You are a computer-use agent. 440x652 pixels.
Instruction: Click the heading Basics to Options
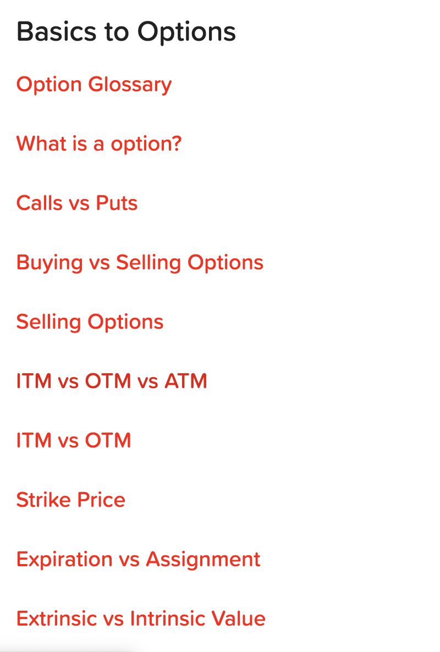126,32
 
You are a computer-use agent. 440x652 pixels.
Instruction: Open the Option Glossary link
94,85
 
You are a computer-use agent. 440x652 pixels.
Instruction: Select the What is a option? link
99,144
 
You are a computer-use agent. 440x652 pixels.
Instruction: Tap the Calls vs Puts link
77,203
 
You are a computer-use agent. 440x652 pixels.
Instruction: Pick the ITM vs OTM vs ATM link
112,382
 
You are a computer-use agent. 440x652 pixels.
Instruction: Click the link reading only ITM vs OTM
74,441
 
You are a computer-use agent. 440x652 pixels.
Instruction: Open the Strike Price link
71,500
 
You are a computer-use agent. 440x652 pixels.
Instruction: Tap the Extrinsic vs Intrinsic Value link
141,618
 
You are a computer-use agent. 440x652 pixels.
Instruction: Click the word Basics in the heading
56,32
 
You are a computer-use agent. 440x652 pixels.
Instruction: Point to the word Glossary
130,85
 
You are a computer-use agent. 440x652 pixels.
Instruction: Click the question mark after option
177,143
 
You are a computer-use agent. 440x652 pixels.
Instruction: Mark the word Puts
117,203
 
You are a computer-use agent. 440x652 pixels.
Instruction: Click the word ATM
186,382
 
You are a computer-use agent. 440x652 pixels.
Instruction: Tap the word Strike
43,500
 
